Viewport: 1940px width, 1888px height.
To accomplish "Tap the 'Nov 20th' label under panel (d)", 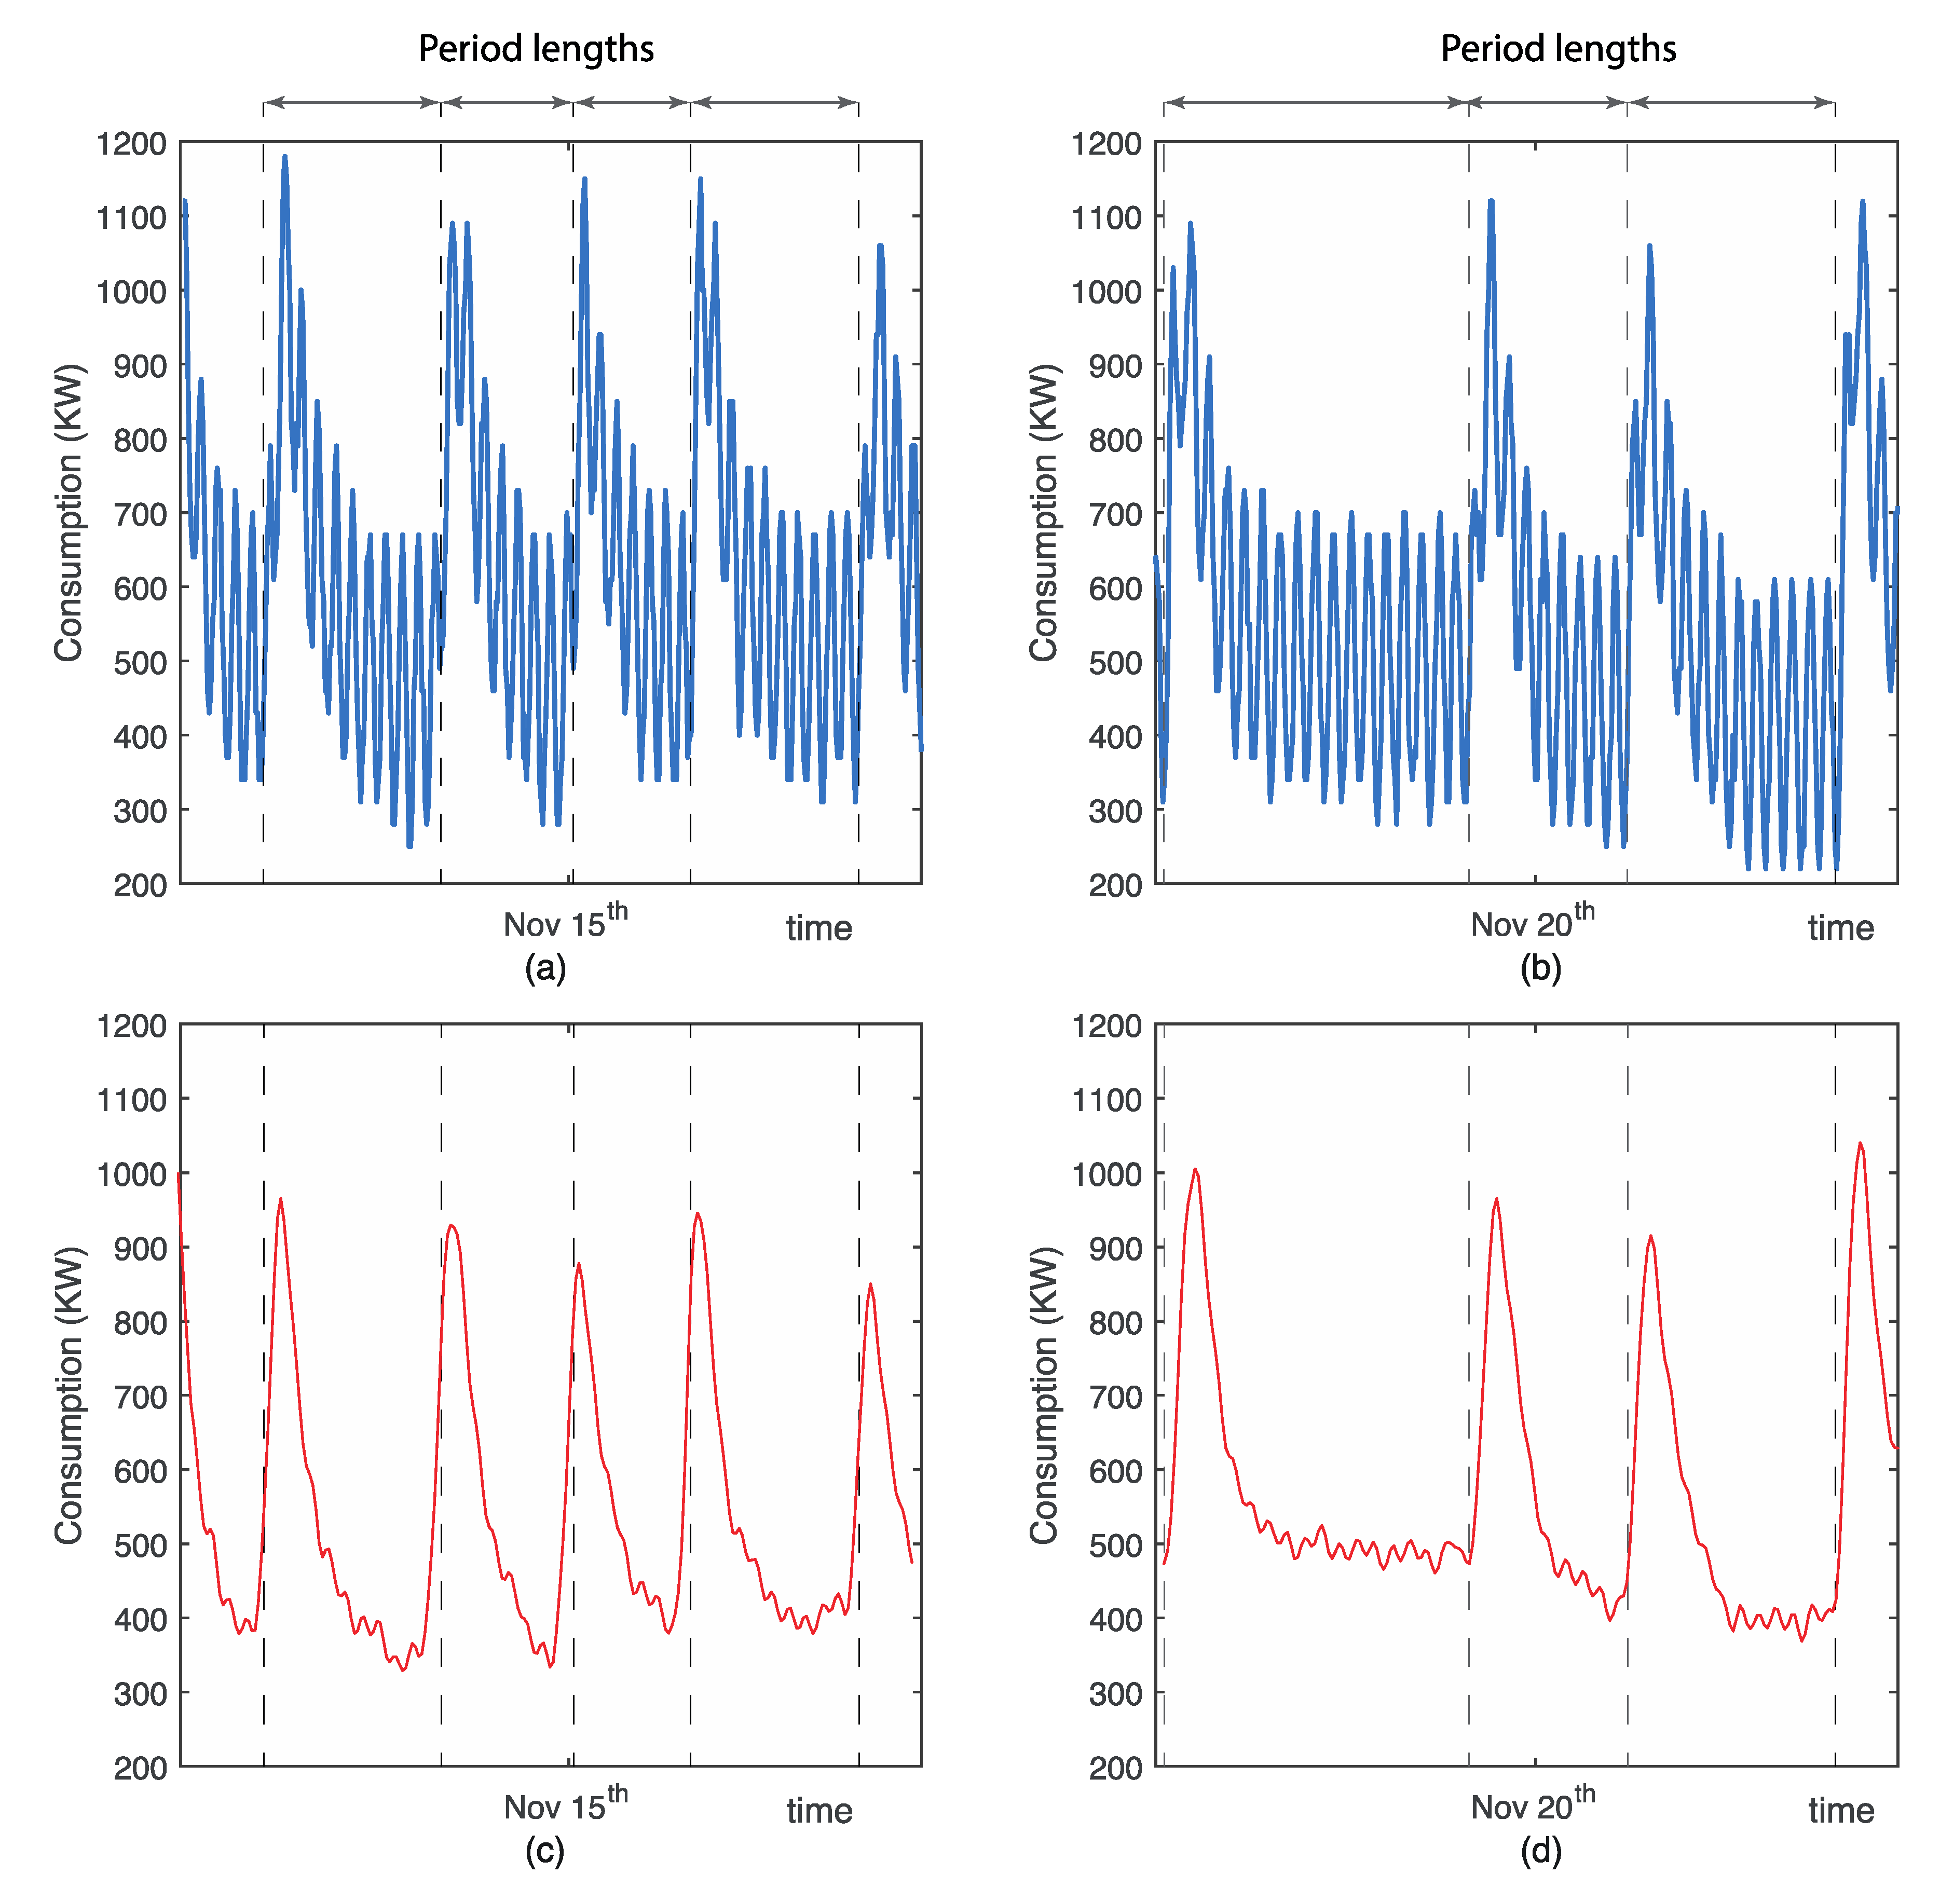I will point(1533,1805).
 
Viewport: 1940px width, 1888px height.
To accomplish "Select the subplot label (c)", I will point(544,1850).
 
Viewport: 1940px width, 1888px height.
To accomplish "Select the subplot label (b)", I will point(1540,968).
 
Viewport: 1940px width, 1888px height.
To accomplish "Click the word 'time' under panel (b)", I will point(1840,928).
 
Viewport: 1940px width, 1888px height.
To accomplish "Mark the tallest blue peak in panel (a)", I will point(284,157).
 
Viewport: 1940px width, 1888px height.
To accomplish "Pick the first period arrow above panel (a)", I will point(352,102).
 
